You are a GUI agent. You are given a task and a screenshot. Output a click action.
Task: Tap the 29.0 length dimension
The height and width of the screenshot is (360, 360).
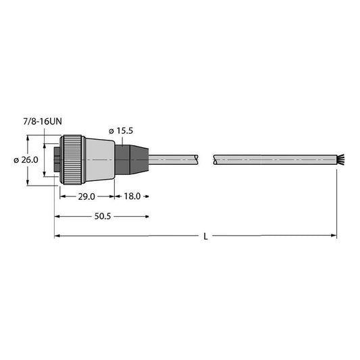coord(86,197)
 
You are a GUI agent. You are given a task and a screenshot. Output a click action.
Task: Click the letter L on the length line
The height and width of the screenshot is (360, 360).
coord(205,236)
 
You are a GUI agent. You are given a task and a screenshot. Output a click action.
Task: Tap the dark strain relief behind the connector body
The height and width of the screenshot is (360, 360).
coord(130,160)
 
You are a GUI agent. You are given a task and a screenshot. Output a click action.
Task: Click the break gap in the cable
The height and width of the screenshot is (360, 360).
coord(206,160)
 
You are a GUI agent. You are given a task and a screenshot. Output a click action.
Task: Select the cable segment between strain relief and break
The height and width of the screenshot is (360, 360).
coord(172,160)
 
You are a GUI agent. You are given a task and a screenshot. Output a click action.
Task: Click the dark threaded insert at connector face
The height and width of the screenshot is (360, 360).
coord(57,160)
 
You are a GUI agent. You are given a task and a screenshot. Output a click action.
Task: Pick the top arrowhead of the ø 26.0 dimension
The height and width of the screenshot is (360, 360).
coord(28,138)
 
